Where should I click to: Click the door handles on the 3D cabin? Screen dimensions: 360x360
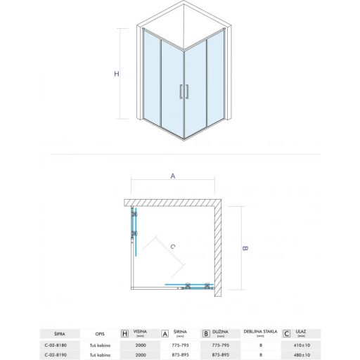click(x=184, y=91)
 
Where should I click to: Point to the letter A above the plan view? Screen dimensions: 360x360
click(x=172, y=176)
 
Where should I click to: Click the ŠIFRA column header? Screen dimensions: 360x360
click(x=60, y=333)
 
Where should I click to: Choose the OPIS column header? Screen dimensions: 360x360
click(x=101, y=333)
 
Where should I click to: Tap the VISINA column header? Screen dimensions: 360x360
click(x=141, y=332)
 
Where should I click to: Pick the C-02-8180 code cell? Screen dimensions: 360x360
click(x=60, y=345)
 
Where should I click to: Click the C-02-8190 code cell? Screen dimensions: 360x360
click(x=60, y=355)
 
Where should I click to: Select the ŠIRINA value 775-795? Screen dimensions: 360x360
click(x=181, y=345)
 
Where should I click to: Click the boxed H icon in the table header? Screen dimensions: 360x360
click(x=125, y=333)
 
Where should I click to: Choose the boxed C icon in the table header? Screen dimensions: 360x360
click(x=286, y=333)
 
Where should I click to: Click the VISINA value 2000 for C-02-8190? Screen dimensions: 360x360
click(x=141, y=355)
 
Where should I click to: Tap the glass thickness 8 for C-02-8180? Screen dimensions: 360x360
click(x=259, y=345)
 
